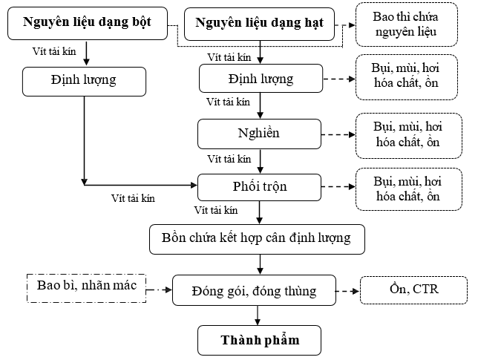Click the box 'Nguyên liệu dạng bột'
tap(88, 24)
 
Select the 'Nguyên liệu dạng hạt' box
tap(260, 24)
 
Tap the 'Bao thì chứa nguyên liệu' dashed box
tap(407, 24)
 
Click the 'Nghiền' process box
tap(260, 134)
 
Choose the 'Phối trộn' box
tap(260, 187)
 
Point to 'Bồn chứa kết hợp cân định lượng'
tap(257, 239)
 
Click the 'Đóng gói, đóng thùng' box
tap(255, 290)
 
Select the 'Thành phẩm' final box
tap(260, 340)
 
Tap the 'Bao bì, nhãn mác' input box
tap(87, 288)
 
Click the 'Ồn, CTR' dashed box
tap(413, 290)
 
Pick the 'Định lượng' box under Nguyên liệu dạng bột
tap(84, 82)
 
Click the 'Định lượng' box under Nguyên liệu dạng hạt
tap(261, 79)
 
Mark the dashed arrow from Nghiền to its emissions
tap(338, 134)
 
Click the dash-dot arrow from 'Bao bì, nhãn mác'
tap(159, 289)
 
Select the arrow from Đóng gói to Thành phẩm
tap(258, 315)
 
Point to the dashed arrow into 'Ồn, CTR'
tap(348, 292)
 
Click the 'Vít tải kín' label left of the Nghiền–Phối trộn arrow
tap(229, 159)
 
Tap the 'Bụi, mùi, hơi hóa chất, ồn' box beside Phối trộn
tap(409, 189)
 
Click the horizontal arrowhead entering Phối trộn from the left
tap(194, 185)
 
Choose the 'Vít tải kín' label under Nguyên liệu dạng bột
tap(54, 51)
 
